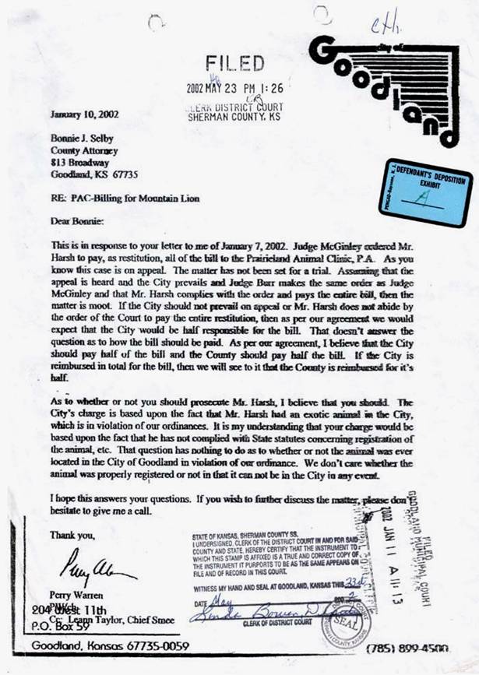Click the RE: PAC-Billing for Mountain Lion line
click(124, 199)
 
